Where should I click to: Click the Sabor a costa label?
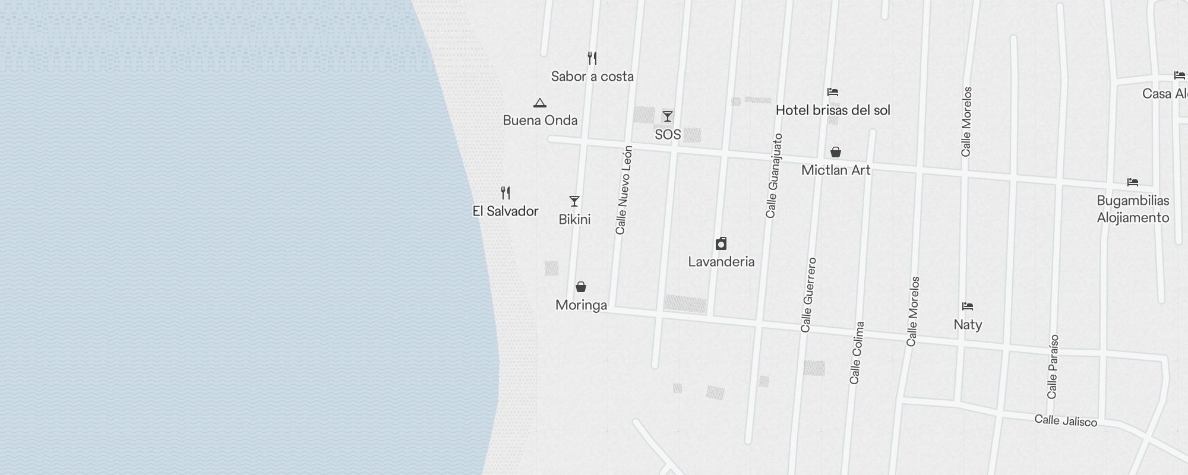(x=592, y=77)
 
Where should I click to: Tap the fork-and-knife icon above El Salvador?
(x=505, y=193)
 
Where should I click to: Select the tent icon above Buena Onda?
(x=539, y=103)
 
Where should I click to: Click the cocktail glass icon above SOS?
(x=668, y=116)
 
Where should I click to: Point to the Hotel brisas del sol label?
(x=833, y=110)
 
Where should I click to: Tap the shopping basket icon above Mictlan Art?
(x=836, y=153)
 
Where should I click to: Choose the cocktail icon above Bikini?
(x=574, y=201)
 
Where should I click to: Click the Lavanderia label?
(x=721, y=262)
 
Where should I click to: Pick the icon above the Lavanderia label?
(x=721, y=243)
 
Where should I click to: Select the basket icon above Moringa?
(x=581, y=287)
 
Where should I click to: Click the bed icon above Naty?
(x=968, y=307)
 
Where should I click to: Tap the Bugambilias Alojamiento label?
(x=1133, y=209)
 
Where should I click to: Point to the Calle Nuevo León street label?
(x=624, y=190)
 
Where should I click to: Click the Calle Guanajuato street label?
(x=775, y=176)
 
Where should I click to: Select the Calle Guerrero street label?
(x=808, y=295)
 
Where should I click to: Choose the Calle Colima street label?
(x=857, y=353)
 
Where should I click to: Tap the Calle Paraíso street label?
(x=1053, y=366)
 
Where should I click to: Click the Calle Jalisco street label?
(x=1066, y=421)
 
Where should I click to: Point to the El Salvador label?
(x=505, y=211)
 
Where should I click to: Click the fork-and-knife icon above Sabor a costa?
(x=592, y=58)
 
